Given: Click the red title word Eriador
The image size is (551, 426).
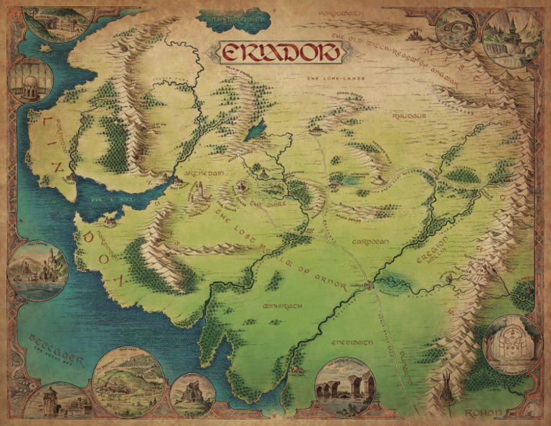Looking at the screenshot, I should point(271,53).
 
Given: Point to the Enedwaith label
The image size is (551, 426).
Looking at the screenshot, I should point(349,342).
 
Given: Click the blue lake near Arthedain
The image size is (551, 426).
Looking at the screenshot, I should point(254,131).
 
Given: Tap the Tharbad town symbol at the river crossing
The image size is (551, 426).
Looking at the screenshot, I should point(369,286).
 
